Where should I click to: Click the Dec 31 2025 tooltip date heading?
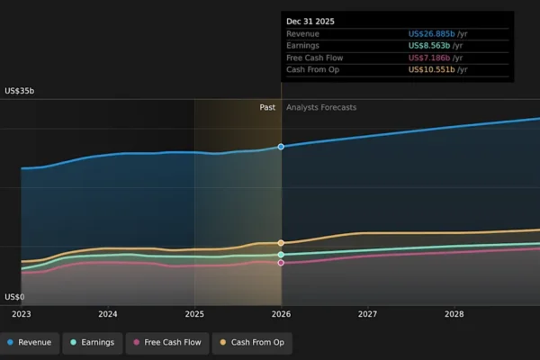310,21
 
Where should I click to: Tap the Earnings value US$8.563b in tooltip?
438,46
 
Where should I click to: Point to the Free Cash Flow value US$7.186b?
438,58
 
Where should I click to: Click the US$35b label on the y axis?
19,91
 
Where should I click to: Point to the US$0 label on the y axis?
14,297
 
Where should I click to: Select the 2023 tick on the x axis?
22,314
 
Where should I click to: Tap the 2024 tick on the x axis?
108,314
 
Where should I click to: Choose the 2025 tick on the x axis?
194,314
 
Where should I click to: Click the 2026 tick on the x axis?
281,314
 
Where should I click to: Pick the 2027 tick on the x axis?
367,314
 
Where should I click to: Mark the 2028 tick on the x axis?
454,314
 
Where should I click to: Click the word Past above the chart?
267,107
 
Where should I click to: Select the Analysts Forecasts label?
321,107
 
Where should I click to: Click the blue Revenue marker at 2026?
281,146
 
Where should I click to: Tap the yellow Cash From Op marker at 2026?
281,243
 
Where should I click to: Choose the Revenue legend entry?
30,342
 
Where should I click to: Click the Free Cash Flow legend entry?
167,342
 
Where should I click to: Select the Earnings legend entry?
93,342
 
